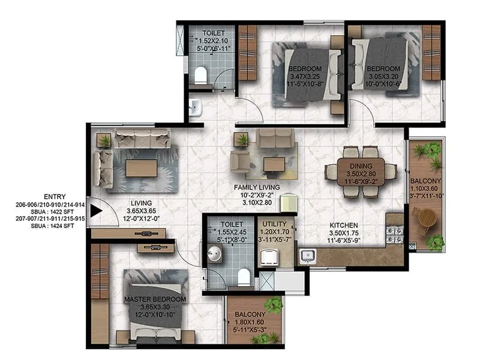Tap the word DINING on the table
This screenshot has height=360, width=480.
pyautogui.click(x=362, y=166)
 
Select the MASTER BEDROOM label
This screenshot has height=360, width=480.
pyautogui.click(x=155, y=299)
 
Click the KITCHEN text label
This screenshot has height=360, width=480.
pyautogui.click(x=344, y=225)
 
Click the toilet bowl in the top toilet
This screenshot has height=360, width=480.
pyautogui.click(x=201, y=75)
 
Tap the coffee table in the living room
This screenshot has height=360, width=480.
pyautogui.click(x=142, y=167)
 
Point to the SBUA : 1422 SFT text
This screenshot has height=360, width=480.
pyautogui.click(x=47, y=212)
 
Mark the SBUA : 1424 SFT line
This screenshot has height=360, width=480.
pyautogui.click(x=47, y=227)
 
